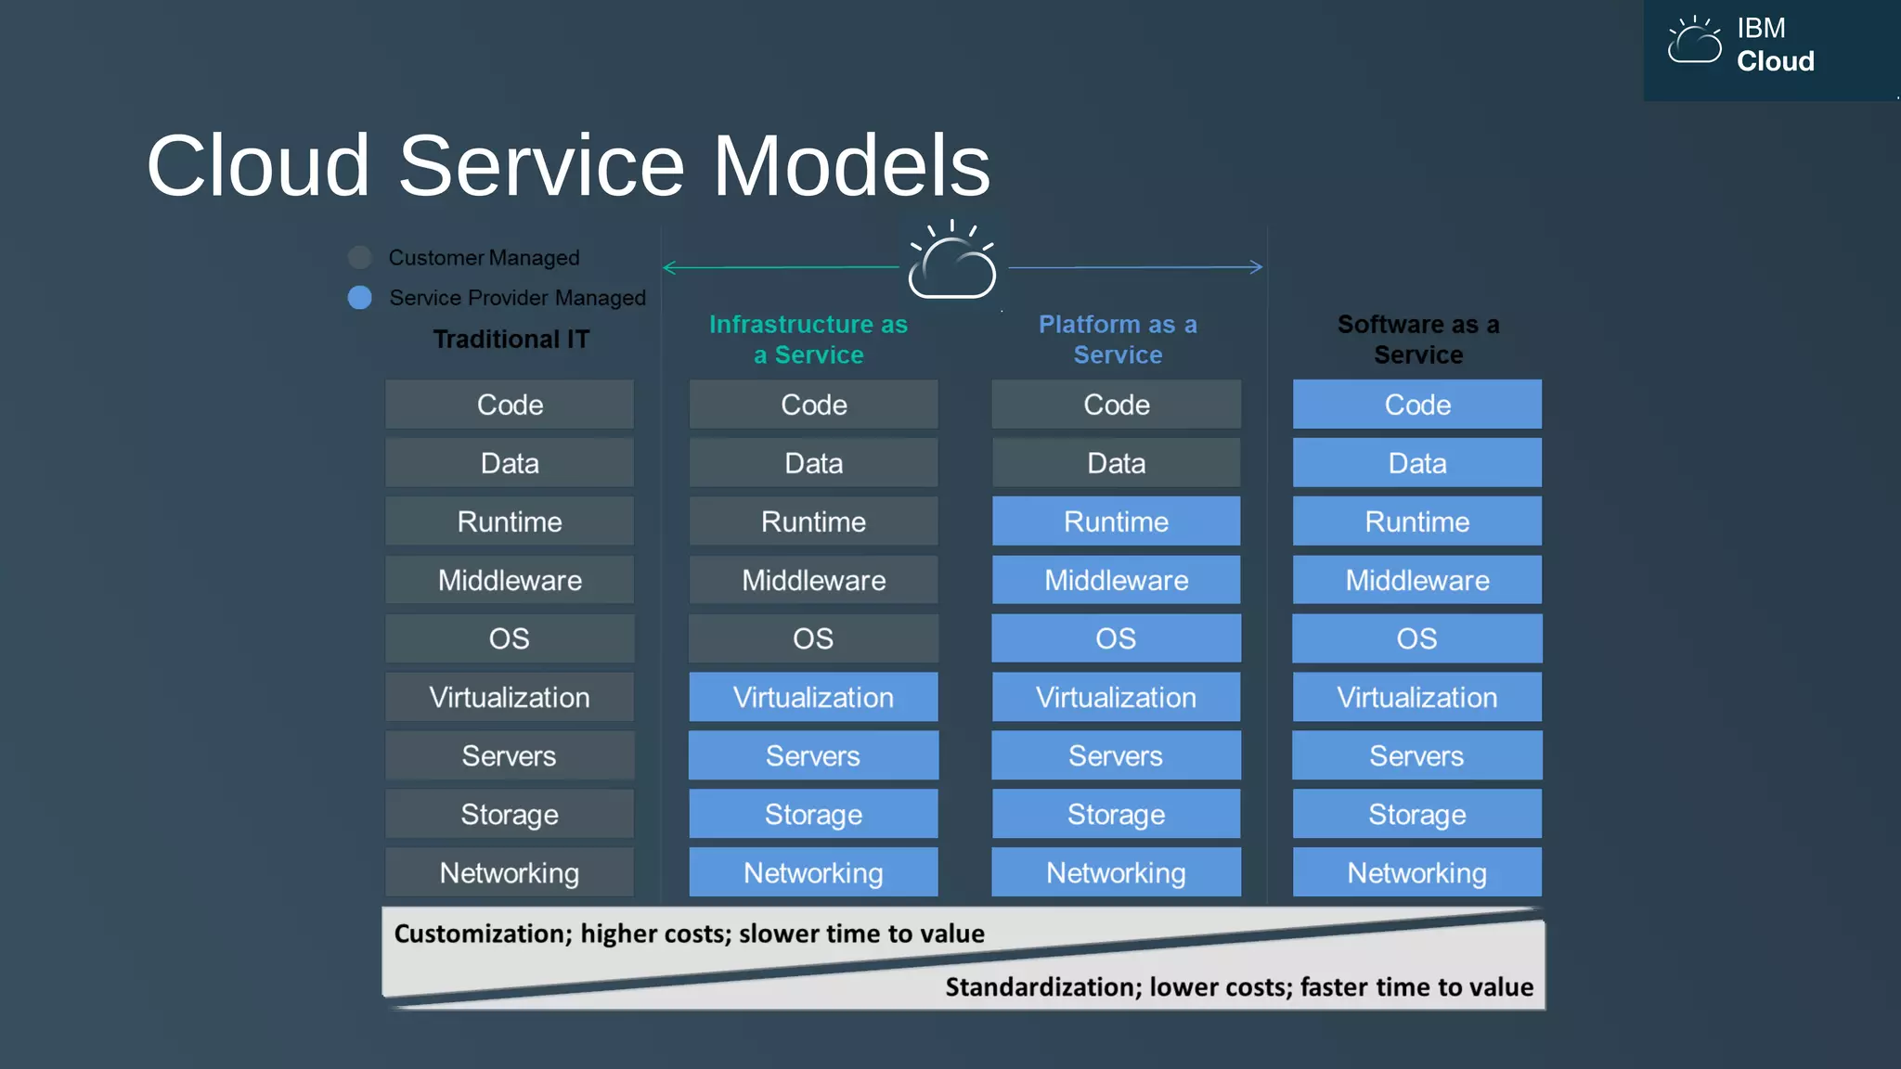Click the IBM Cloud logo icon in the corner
[x=1694, y=42]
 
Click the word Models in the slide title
[x=851, y=165]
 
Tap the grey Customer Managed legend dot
[x=360, y=257]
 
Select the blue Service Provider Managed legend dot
[x=360, y=297]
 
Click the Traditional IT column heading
[x=511, y=339]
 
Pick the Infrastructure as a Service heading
[x=808, y=339]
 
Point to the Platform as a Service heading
[x=1118, y=339]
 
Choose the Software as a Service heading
[x=1418, y=339]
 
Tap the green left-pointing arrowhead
[x=669, y=267]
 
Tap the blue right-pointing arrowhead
[x=1256, y=267]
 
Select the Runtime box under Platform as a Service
[x=1116, y=522]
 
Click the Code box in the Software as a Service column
[x=1417, y=405]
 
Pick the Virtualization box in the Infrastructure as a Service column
[x=813, y=697]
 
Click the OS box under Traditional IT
[x=510, y=638]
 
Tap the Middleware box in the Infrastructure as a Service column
[x=813, y=580]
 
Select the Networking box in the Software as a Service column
[x=1417, y=872]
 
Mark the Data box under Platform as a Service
[x=1116, y=463]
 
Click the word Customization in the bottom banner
[x=482, y=934]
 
